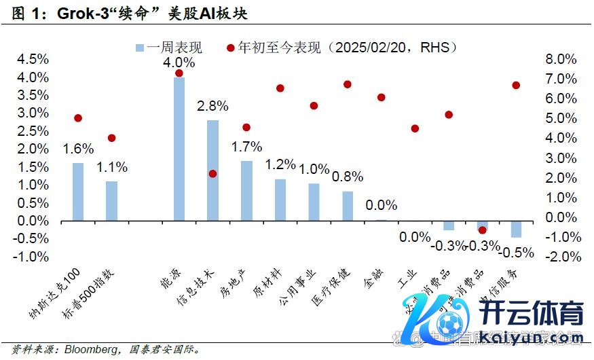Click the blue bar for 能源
(x=179, y=149)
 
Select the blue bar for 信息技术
(x=212, y=170)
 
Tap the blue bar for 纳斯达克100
(x=78, y=192)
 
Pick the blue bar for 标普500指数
(x=111, y=200)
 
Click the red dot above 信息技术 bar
(x=212, y=174)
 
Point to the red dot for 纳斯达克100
(x=78, y=118)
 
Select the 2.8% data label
(x=212, y=106)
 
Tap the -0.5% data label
(x=516, y=252)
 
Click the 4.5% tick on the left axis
(x=32, y=59)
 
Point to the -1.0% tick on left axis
(x=31, y=257)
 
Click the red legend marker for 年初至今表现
(x=230, y=48)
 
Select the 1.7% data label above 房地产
(x=246, y=146)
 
